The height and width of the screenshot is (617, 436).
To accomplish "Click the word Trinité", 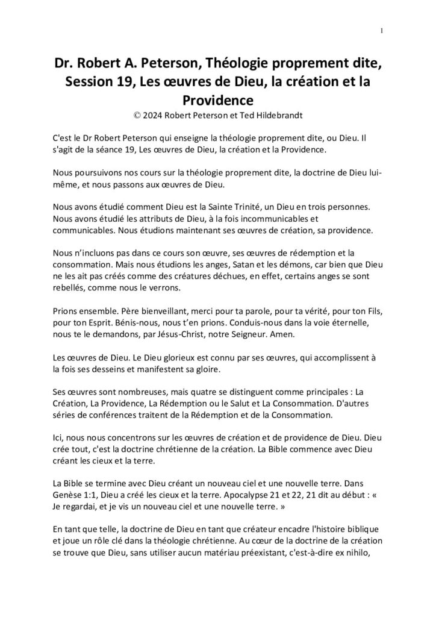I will point(243,204).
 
